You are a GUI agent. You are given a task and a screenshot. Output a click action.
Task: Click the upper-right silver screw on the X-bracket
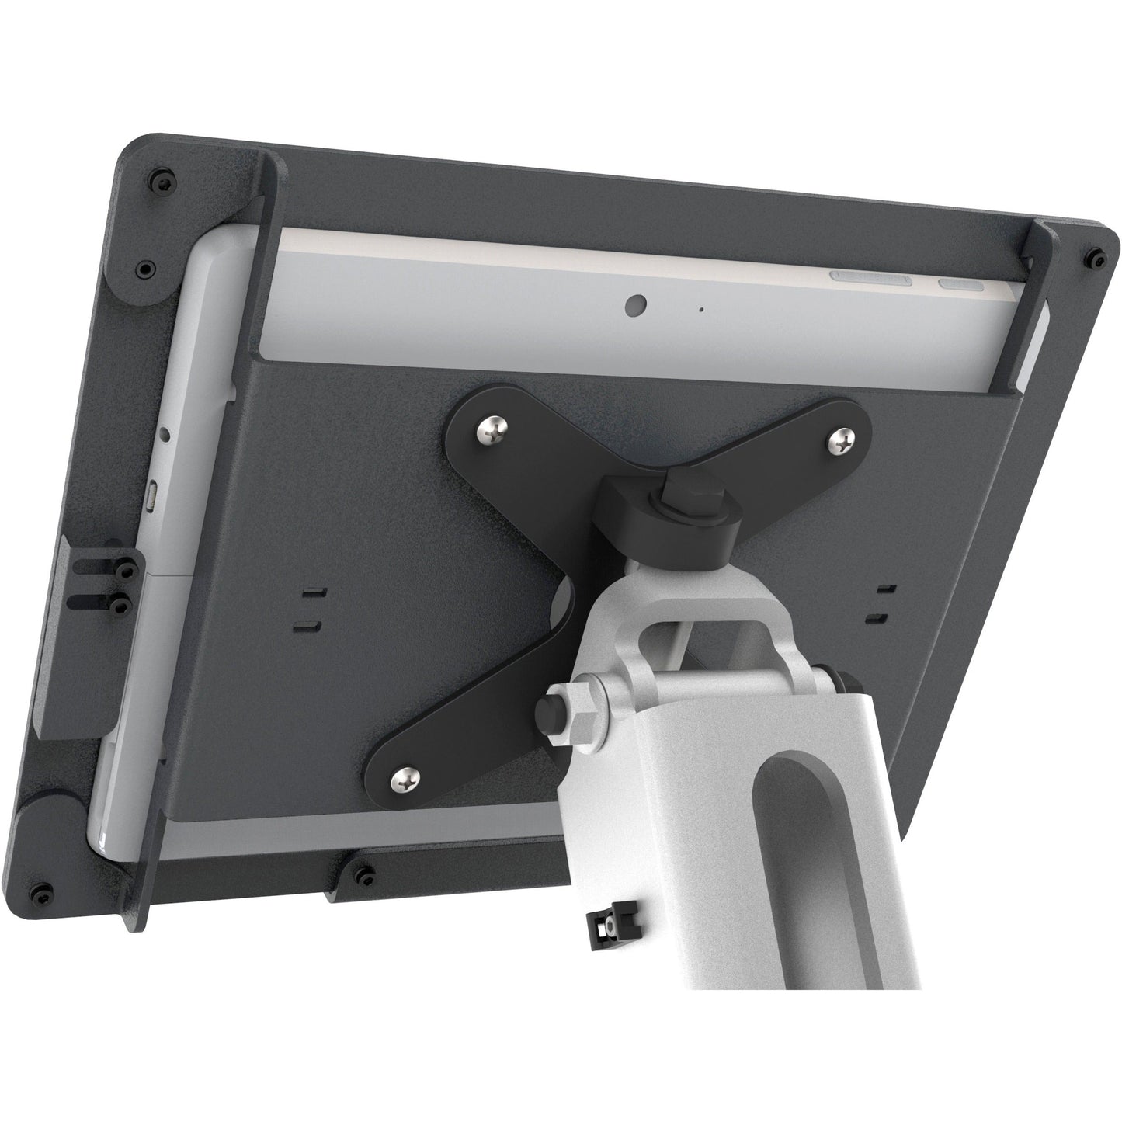click(x=842, y=443)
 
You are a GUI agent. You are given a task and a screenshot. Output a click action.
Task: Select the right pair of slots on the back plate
click(x=881, y=603)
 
